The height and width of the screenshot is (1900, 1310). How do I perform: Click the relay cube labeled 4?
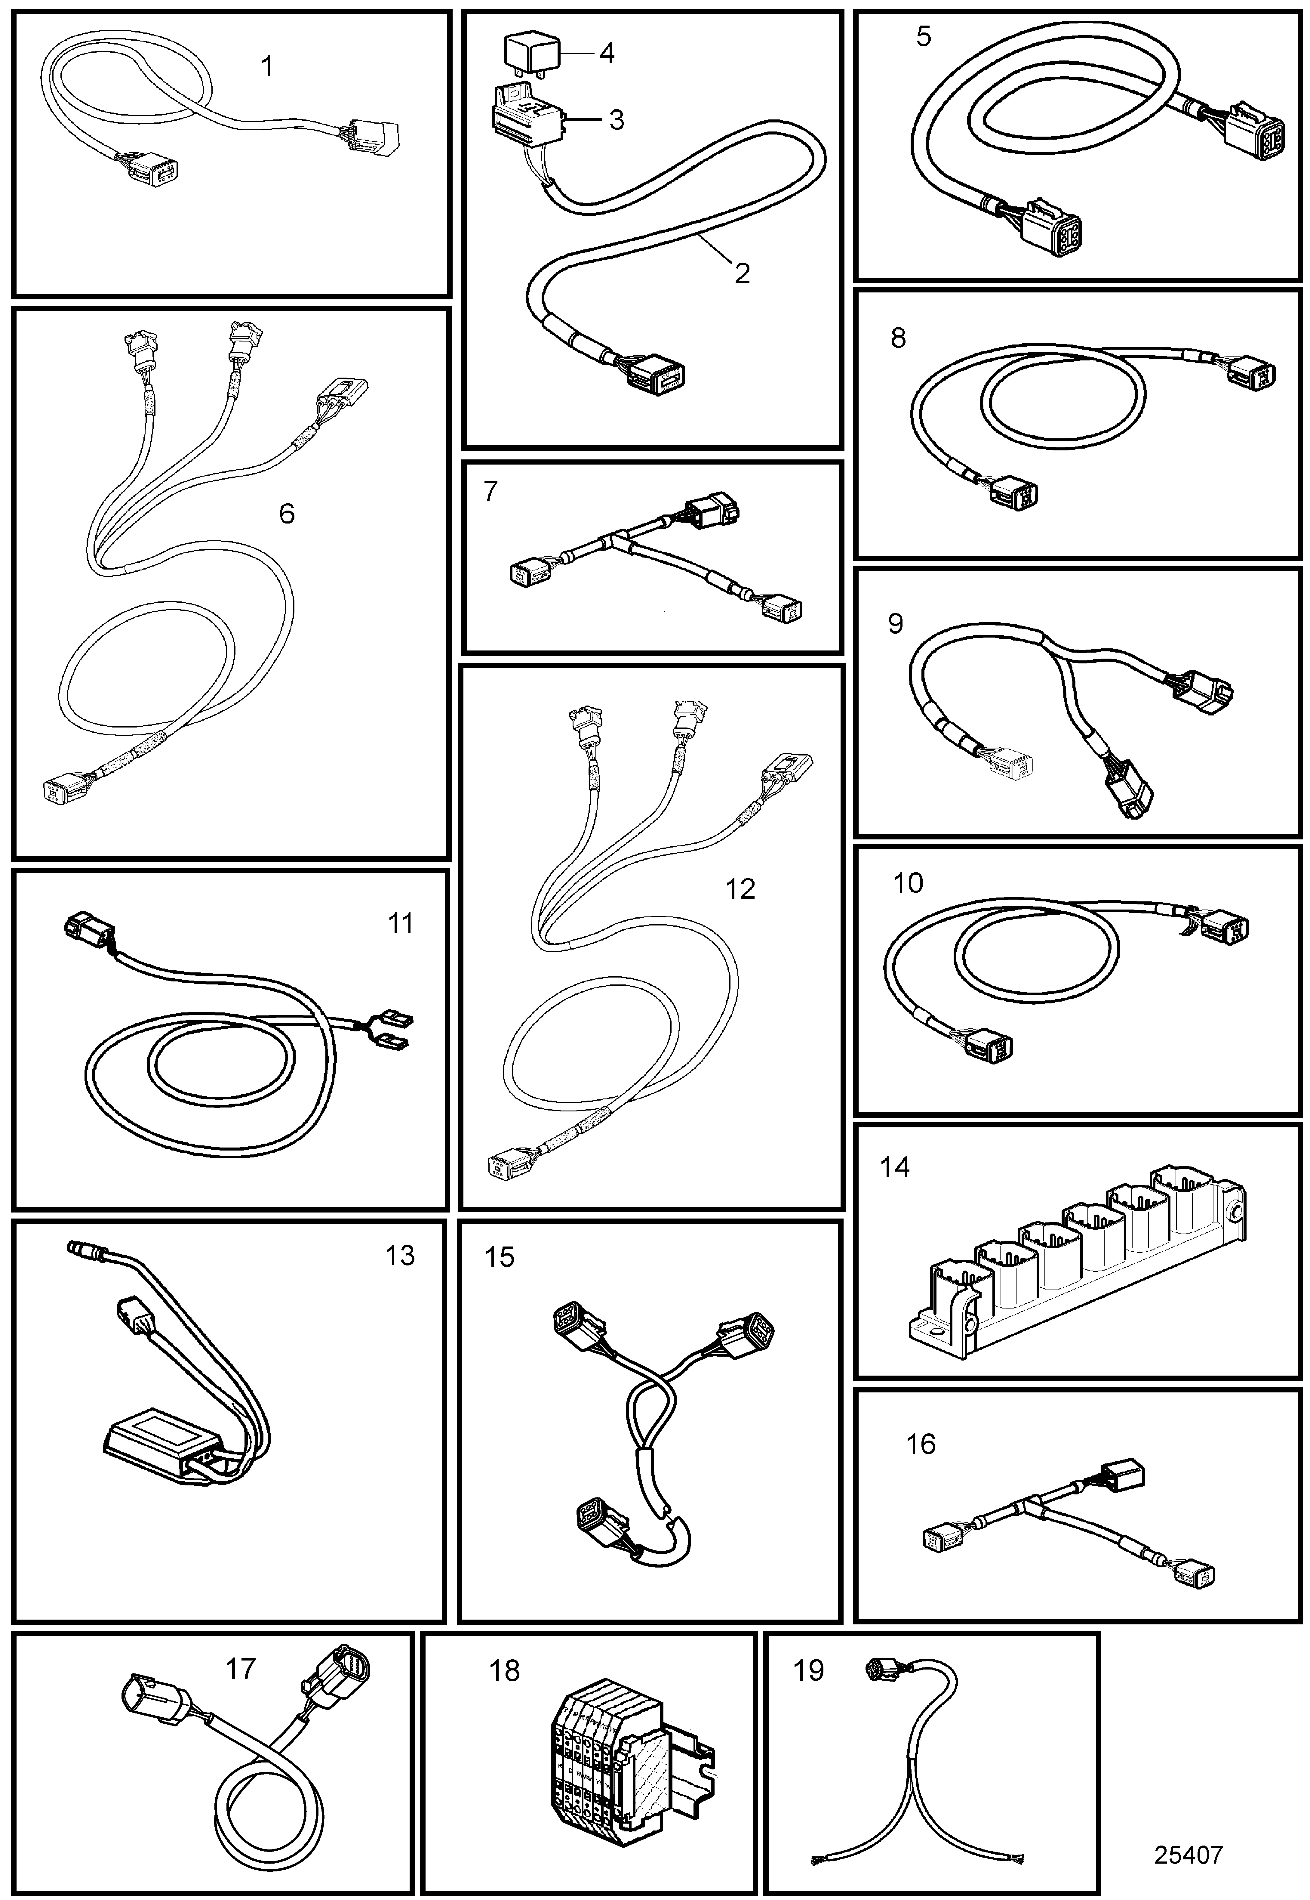click(530, 54)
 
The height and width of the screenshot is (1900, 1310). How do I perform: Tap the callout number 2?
click(742, 273)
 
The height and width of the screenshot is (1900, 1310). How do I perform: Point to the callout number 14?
click(895, 1167)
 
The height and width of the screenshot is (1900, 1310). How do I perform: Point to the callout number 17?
click(241, 1668)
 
